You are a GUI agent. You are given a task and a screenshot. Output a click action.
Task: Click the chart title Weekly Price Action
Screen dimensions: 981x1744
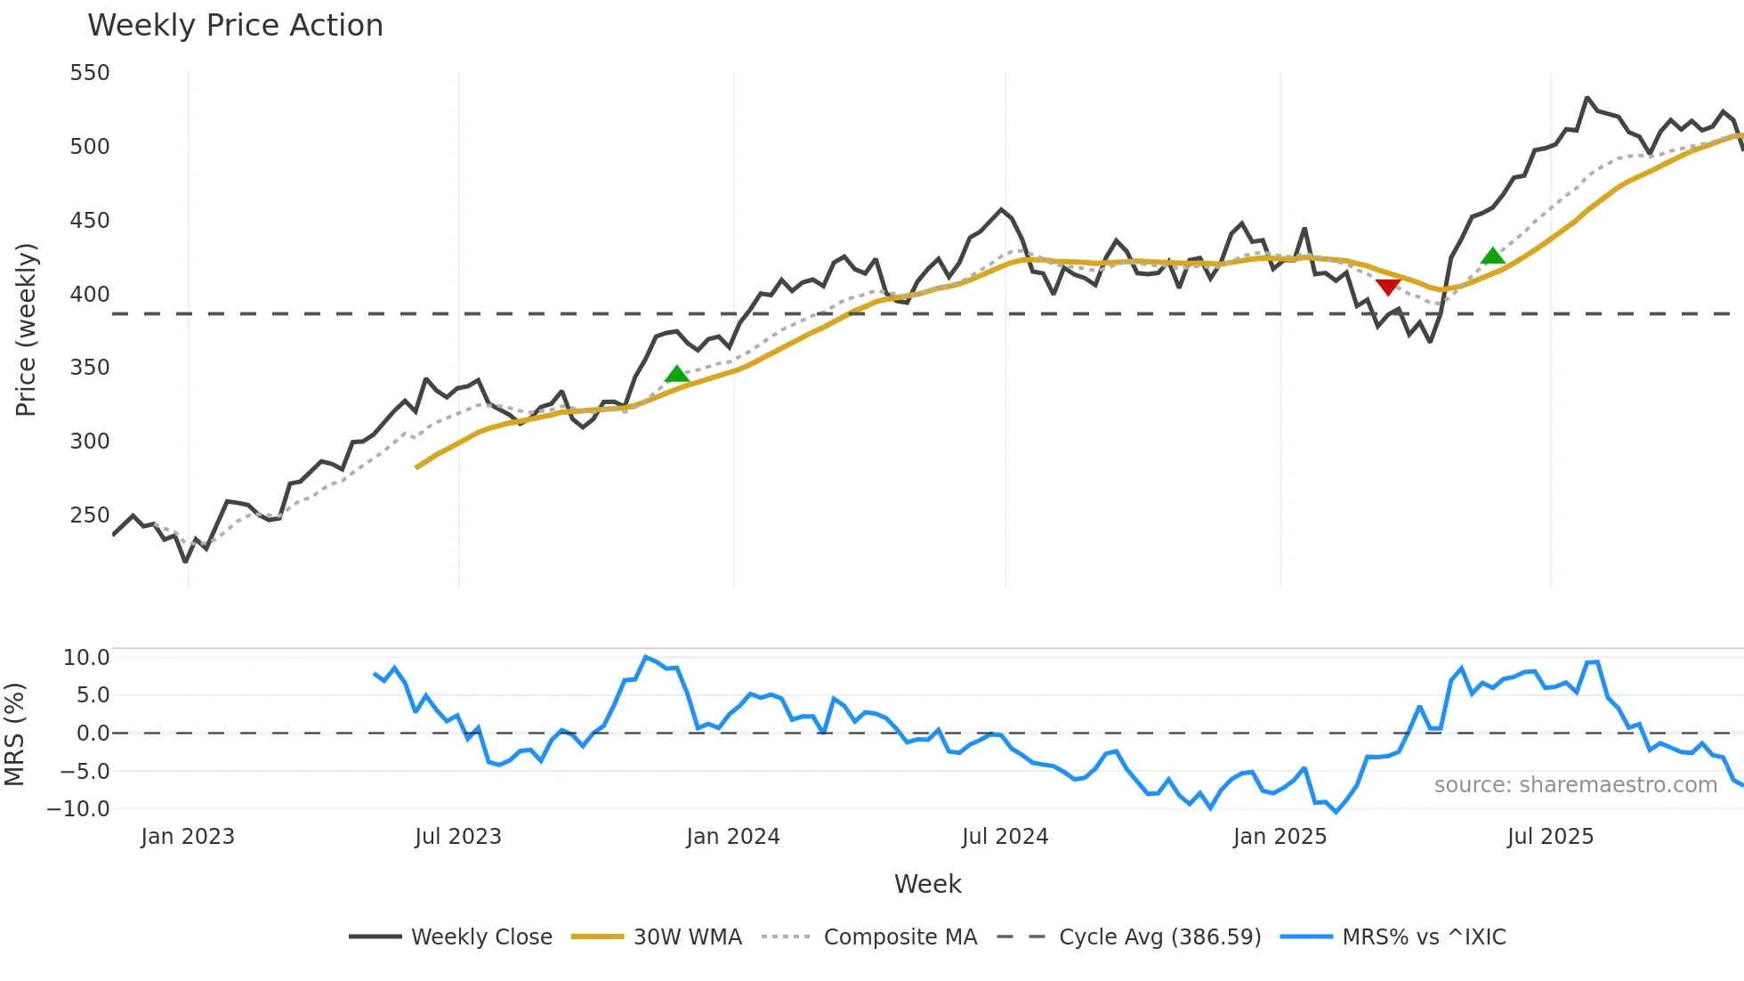[x=235, y=26]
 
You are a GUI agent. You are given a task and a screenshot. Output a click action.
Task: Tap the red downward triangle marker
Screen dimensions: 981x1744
[x=1388, y=287]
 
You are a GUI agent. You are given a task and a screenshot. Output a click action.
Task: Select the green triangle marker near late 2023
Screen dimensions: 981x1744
[x=676, y=374]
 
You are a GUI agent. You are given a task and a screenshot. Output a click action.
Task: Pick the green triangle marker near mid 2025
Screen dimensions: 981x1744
[x=1493, y=256]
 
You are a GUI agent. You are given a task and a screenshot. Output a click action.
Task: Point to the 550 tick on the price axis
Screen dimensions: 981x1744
[x=90, y=73]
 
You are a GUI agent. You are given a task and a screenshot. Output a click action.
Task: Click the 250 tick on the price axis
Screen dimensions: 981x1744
[x=90, y=515]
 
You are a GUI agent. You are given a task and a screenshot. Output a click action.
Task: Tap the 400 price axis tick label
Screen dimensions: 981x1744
[x=90, y=295]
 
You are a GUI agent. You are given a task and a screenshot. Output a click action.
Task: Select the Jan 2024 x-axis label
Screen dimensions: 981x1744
[x=733, y=837]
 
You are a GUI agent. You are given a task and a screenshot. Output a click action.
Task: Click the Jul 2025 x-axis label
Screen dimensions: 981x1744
[x=1550, y=837]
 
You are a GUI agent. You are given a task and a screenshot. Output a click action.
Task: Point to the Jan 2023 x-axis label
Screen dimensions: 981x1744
[x=188, y=837]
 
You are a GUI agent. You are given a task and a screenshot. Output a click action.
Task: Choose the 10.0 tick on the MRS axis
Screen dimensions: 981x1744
[x=86, y=658]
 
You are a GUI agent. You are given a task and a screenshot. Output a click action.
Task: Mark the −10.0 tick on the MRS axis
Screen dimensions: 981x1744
[x=79, y=809]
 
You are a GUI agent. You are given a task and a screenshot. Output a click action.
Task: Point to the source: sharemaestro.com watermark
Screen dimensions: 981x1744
[x=1575, y=785]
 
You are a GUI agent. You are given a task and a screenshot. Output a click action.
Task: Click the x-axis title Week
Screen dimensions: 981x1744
[x=927, y=884]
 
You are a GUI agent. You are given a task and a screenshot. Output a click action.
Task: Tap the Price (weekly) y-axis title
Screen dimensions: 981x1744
[x=26, y=329]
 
